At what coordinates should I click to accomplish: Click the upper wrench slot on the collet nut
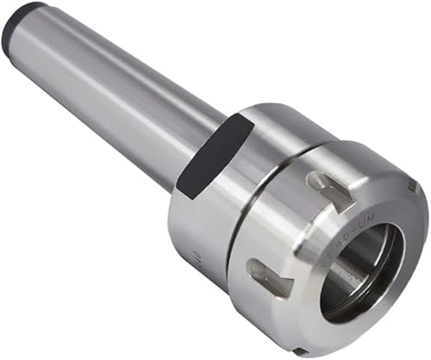click(x=331, y=190)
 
